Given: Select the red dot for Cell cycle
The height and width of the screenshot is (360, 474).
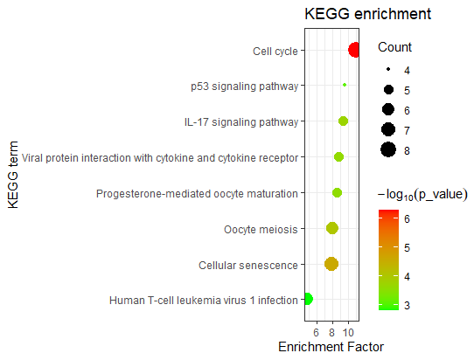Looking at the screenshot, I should coord(354,50).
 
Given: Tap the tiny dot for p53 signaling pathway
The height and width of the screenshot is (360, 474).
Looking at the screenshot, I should coord(345,85).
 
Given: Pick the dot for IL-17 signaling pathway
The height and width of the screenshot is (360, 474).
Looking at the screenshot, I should coord(344,121).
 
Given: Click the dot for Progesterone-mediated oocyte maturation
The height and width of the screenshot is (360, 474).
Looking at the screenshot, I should coord(337,192).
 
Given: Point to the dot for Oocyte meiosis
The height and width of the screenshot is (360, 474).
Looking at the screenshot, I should coord(332,228).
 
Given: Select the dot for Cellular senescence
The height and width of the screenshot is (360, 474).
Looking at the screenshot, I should coord(331,264).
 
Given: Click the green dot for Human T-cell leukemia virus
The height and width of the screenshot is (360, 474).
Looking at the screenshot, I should coord(307,300).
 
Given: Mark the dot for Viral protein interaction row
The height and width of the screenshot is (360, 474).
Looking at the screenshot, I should coord(338,157).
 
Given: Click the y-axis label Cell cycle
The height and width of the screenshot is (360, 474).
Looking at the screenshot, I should coord(275,51).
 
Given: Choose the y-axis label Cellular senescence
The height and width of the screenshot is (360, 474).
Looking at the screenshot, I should coord(247,265).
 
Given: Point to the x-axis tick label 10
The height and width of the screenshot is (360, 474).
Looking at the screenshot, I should coord(349,332).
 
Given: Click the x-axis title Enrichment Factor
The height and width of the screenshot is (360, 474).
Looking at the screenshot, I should coord(331,347).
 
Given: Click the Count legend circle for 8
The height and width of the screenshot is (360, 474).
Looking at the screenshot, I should coord(388,150).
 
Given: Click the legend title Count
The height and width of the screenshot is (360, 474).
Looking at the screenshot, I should coord(394,47).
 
